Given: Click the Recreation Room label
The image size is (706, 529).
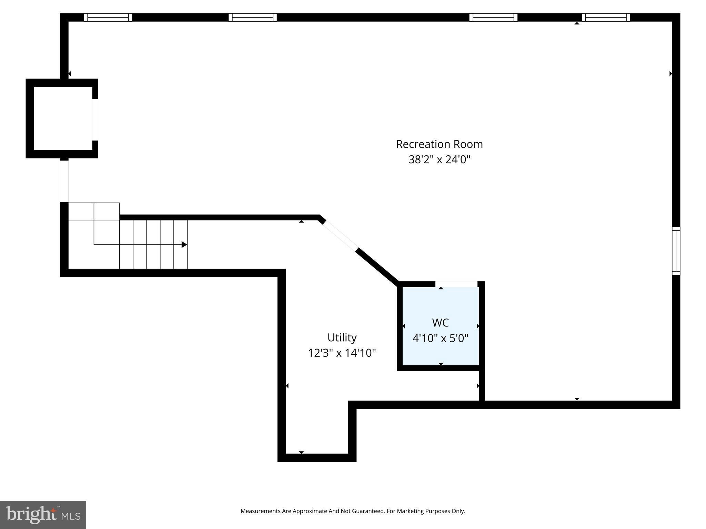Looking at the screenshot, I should [439, 144].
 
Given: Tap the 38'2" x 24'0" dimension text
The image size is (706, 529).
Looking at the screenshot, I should [439, 160].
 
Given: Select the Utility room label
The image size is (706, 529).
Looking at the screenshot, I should [342, 338].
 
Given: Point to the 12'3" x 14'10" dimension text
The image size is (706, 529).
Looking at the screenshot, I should [342, 353].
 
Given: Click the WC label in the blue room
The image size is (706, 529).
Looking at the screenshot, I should [440, 323].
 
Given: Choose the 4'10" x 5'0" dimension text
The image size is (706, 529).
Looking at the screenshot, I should [440, 339].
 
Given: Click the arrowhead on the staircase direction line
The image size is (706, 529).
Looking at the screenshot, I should [184, 245].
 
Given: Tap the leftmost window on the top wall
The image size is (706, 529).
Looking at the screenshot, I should [108, 17].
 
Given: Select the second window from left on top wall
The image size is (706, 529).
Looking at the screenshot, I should [252, 17].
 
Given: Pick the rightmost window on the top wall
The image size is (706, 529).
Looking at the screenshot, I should [606, 17].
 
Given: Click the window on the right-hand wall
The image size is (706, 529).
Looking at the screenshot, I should [676, 251].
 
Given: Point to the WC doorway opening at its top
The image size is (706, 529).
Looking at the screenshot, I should [456, 284].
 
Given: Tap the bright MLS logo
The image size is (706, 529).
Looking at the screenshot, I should [43, 515].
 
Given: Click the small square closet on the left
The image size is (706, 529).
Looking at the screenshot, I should [63, 118].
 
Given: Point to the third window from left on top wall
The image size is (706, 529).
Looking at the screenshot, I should [493, 17].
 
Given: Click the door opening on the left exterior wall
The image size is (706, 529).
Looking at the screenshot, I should [64, 181].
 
